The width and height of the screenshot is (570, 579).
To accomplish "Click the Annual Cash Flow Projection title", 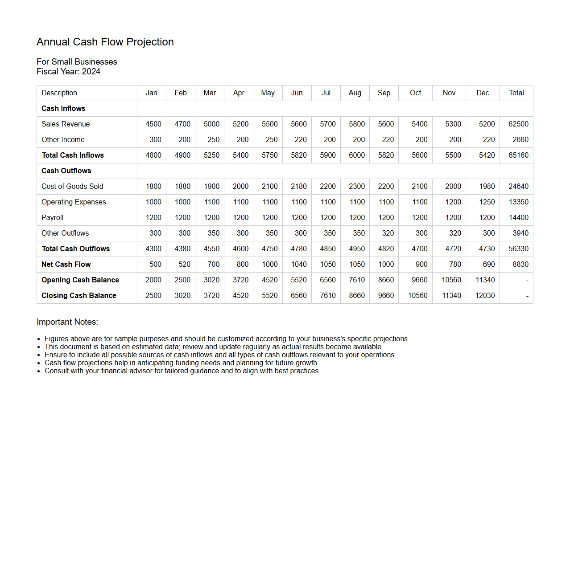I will (x=105, y=42).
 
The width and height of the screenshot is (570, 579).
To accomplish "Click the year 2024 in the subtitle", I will (x=91, y=72).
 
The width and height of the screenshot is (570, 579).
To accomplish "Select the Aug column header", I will (x=355, y=93).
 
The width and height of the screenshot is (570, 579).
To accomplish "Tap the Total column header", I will (x=516, y=93).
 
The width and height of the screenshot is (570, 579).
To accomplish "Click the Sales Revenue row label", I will (x=66, y=124).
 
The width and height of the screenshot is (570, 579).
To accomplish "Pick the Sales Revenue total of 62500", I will (x=518, y=124).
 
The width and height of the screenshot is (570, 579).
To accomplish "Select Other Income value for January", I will (x=155, y=140).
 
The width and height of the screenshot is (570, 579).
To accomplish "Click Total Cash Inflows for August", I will (x=357, y=155).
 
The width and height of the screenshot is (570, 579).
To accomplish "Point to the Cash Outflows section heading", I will (x=66, y=171).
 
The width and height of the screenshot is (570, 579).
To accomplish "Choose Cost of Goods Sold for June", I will (x=299, y=187).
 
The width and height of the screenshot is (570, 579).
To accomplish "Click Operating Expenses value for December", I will (x=487, y=202).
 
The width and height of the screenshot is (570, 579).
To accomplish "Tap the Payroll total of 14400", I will (x=518, y=218).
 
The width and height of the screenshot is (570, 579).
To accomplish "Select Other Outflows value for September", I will (x=388, y=233).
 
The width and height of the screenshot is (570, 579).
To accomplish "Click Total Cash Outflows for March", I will (x=211, y=249).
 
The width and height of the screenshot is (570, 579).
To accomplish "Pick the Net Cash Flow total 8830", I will (x=520, y=265).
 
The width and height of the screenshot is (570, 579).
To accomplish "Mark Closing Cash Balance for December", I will (x=485, y=296).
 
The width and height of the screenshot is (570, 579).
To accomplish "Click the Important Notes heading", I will (x=67, y=322).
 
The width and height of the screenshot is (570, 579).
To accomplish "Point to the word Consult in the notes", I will (x=57, y=371).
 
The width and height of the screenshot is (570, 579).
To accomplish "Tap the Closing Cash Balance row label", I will (x=79, y=296).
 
